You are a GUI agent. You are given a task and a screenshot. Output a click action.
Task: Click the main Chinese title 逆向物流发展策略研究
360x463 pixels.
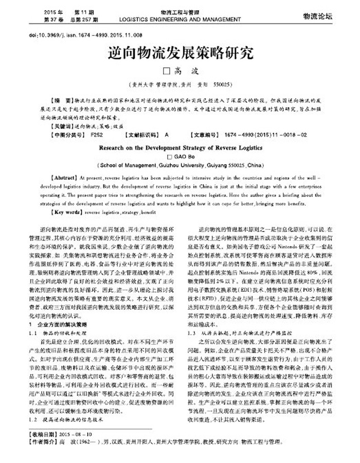coord(179,52)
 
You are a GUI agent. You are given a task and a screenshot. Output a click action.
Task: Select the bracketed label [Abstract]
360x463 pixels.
coord(66,176)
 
